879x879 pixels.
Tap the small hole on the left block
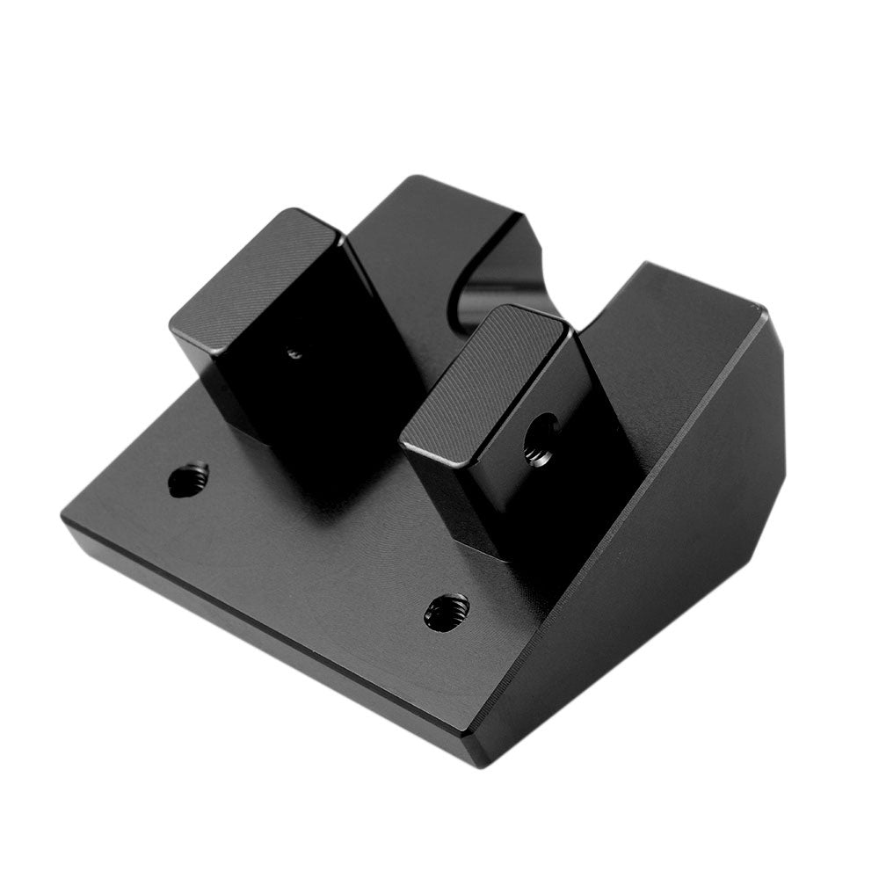coord(294,353)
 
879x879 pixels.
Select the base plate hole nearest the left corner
coord(188,480)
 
